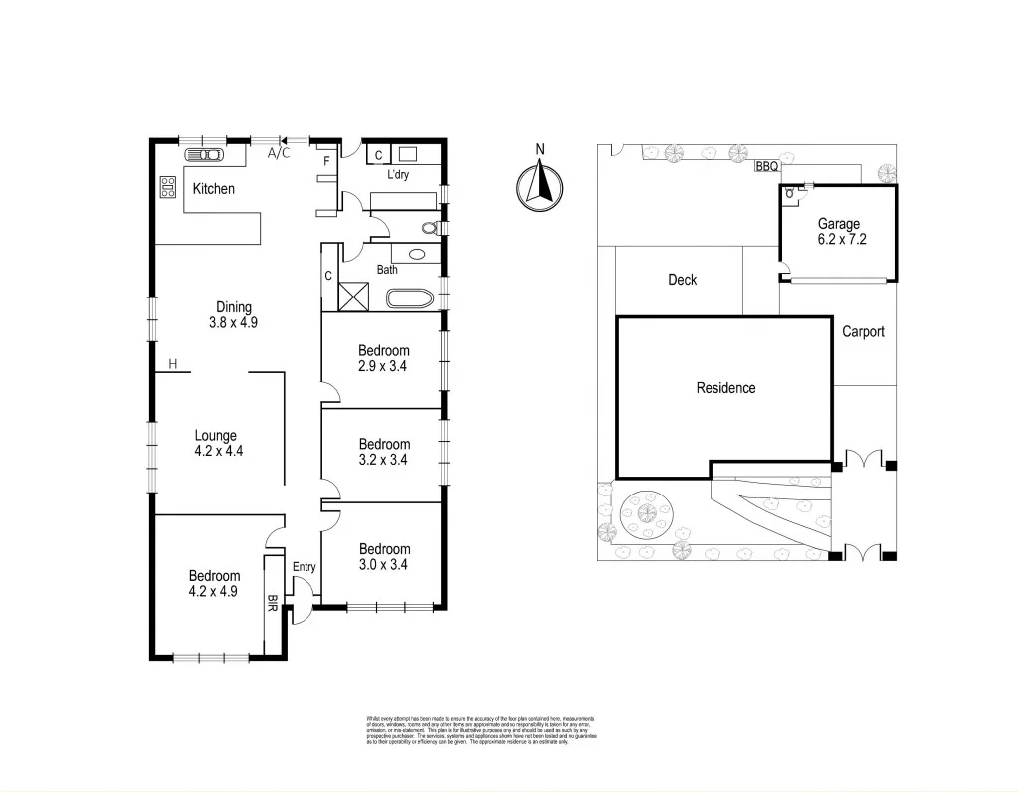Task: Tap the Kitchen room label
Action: pyautogui.click(x=214, y=188)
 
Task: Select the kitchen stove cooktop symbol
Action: pyautogui.click(x=167, y=186)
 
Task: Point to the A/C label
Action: pyautogui.click(x=280, y=153)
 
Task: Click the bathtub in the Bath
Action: pyautogui.click(x=409, y=297)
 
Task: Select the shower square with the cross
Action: pyautogui.click(x=352, y=297)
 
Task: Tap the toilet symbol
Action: pyautogui.click(x=430, y=228)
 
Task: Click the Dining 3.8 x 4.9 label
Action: pyautogui.click(x=234, y=314)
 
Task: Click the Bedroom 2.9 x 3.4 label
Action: pyautogui.click(x=384, y=358)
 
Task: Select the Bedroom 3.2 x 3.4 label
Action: pyautogui.click(x=384, y=452)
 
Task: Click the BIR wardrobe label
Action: pyautogui.click(x=273, y=604)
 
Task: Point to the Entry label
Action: pyautogui.click(x=304, y=567)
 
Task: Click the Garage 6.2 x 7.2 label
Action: pyautogui.click(x=838, y=232)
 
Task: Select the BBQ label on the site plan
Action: pyautogui.click(x=767, y=167)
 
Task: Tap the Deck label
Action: pyautogui.click(x=682, y=280)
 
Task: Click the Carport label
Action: pyautogui.click(x=863, y=331)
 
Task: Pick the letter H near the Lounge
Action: pyautogui.click(x=173, y=364)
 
